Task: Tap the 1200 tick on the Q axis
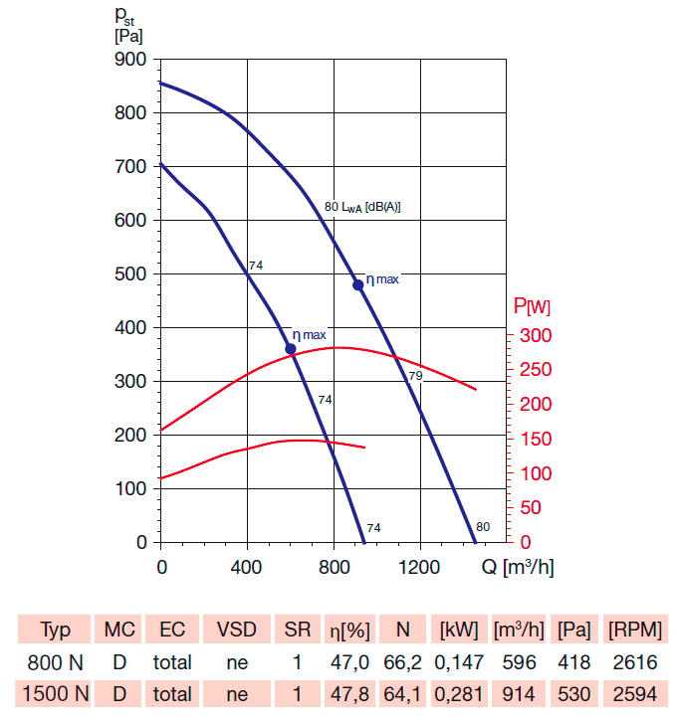pos(420,567)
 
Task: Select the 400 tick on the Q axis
pos(247,567)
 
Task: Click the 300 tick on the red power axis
pos(533,336)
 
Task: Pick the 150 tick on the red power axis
pos(533,440)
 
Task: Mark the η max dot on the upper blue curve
pos(358,284)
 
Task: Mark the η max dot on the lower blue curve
pos(291,349)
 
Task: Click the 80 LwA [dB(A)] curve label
pos(362,207)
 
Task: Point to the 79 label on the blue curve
pos(415,376)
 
